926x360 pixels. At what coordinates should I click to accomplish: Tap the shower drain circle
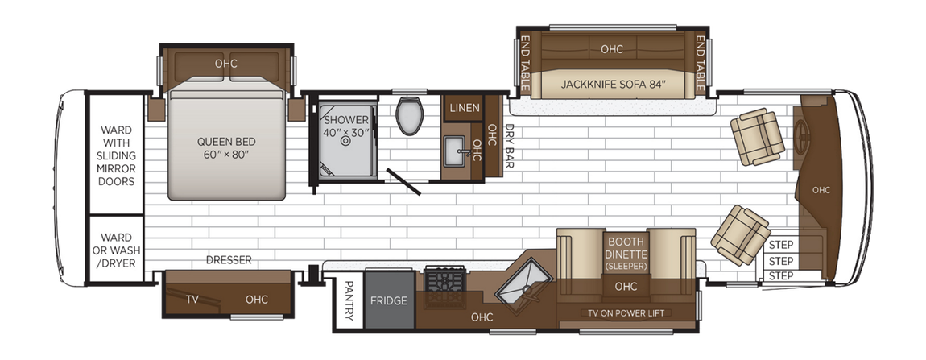[346, 140]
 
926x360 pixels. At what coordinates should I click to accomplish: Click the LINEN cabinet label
[464, 108]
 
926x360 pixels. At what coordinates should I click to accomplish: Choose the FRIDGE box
[389, 301]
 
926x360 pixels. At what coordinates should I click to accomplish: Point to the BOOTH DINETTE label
[626, 252]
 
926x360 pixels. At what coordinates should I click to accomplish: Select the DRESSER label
[229, 260]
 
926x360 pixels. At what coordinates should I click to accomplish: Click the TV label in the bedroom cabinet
[192, 300]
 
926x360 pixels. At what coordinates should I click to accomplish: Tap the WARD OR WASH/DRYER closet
[116, 250]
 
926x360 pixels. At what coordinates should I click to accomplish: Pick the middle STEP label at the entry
[781, 261]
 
